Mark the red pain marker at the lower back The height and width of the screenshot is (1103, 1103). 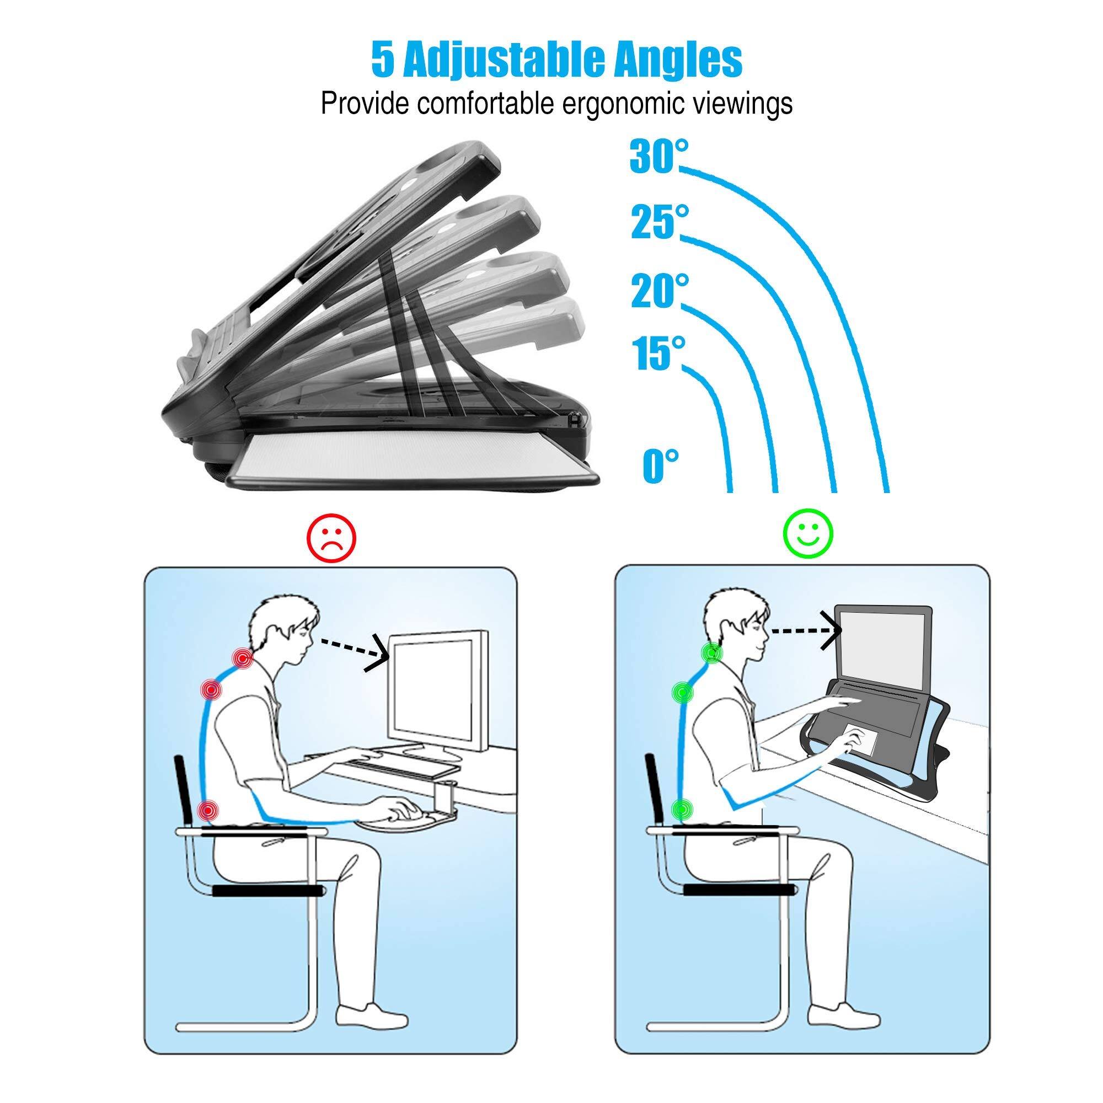point(210,809)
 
